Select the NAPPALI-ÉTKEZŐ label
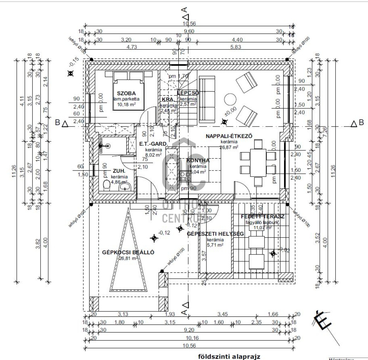(229, 136)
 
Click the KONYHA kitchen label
(198, 160)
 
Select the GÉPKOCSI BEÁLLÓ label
(128, 252)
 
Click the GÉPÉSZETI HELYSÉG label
(210, 233)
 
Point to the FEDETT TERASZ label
(262, 217)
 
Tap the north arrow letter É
(321, 320)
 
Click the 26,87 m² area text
(229, 147)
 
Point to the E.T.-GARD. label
(154, 144)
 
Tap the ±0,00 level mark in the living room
(231, 113)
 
